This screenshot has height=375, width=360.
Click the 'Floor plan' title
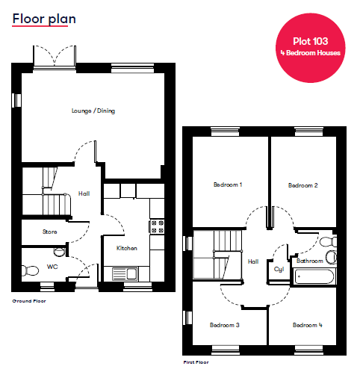[x=44, y=19]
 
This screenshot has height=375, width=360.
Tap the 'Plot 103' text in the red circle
[x=311, y=41]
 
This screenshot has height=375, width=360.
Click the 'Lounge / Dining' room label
[x=93, y=111]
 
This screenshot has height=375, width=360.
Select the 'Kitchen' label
[x=127, y=248]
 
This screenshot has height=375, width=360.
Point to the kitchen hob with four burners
[x=157, y=226]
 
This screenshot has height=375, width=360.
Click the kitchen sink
[x=125, y=274]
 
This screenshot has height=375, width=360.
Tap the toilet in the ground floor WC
[x=30, y=270]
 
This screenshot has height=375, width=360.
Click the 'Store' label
[x=50, y=232]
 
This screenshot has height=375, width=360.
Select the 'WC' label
[x=52, y=267]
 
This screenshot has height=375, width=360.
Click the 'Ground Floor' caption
[x=29, y=301]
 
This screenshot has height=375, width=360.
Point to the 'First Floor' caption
[x=196, y=362]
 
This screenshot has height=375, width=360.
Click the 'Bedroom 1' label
[x=228, y=185]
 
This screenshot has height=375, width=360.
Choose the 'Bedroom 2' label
[x=303, y=185]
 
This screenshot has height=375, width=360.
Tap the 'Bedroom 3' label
[x=225, y=325]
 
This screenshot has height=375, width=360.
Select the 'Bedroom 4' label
[x=308, y=325]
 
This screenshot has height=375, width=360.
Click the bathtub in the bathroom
[x=314, y=276]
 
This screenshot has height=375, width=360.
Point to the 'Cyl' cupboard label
[x=279, y=270]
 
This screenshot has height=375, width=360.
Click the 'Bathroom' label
[x=310, y=261]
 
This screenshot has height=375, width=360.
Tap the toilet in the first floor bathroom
[x=329, y=242]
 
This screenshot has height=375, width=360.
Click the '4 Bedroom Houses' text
[x=311, y=53]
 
